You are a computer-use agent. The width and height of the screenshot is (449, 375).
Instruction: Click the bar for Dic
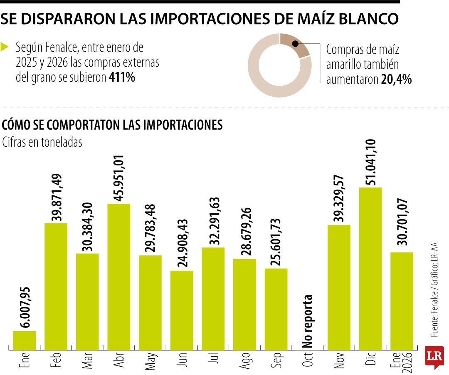coord(370,268)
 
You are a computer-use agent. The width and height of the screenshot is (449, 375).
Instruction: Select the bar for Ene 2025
coord(25,340)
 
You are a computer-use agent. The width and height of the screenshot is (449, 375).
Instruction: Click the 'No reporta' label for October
coord(307,321)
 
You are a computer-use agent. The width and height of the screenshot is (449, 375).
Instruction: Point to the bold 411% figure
coord(122,77)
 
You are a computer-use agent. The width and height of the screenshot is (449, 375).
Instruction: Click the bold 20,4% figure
coord(396,80)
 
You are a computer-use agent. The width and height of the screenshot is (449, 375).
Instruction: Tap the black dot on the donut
coord(295,43)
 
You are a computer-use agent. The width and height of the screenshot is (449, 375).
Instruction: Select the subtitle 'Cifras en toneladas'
coord(42,142)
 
